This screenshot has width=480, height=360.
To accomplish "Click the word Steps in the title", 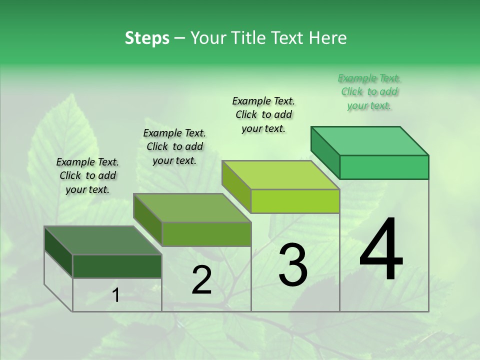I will click(147, 38).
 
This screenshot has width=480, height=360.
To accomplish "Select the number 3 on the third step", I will click(293, 265).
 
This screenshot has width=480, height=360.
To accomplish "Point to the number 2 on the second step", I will click(201, 280).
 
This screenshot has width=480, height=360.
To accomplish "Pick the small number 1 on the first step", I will click(115, 296).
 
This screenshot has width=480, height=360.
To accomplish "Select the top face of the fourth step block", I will click(370, 141).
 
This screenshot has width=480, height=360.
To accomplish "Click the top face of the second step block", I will click(192, 208).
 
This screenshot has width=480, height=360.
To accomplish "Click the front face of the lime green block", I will click(295, 201).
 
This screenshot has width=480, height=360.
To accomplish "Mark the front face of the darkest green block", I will click(117, 266).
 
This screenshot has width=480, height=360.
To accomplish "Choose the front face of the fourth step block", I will click(384, 167).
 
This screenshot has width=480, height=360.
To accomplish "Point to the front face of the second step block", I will click(206, 234).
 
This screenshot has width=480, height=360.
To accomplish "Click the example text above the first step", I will click(87, 176).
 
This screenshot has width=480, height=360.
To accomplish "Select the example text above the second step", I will click(174, 147).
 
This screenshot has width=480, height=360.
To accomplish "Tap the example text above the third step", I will click(263, 115).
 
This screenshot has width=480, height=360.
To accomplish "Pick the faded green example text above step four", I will click(369, 92).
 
